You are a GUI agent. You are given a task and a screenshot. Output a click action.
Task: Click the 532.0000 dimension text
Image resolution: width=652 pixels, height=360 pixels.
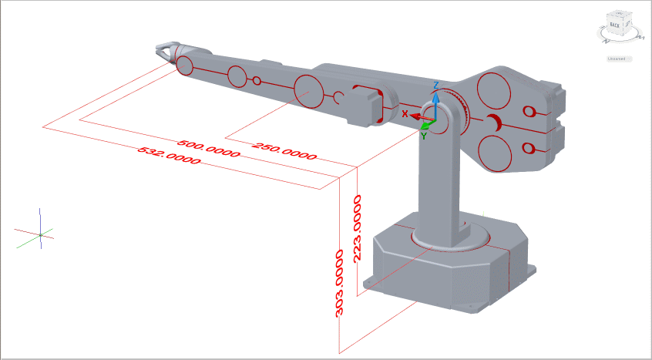(x=169, y=155)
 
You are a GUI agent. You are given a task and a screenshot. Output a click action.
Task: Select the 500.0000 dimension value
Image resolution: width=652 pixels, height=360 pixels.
(x=209, y=149)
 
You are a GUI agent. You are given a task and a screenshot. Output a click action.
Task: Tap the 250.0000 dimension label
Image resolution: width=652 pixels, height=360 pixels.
(x=284, y=150)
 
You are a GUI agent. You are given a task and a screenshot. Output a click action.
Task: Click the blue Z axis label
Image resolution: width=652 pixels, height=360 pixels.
(x=436, y=85)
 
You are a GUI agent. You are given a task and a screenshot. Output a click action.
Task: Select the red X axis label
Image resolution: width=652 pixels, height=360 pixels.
(x=405, y=113)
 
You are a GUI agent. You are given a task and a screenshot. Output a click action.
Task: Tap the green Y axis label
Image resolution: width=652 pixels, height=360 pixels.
(x=423, y=136)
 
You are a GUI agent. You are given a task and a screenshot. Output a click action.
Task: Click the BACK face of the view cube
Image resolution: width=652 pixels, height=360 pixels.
(x=615, y=25)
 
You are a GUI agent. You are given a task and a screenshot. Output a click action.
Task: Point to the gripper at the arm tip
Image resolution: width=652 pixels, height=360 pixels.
(x=164, y=51)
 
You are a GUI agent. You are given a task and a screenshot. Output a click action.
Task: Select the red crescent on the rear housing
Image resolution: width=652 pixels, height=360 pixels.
(x=494, y=121)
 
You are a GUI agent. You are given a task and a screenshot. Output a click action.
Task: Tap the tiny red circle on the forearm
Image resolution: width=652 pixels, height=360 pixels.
(x=257, y=80)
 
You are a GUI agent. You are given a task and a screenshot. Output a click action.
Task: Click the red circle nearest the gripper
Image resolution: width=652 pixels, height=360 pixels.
(x=185, y=66)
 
